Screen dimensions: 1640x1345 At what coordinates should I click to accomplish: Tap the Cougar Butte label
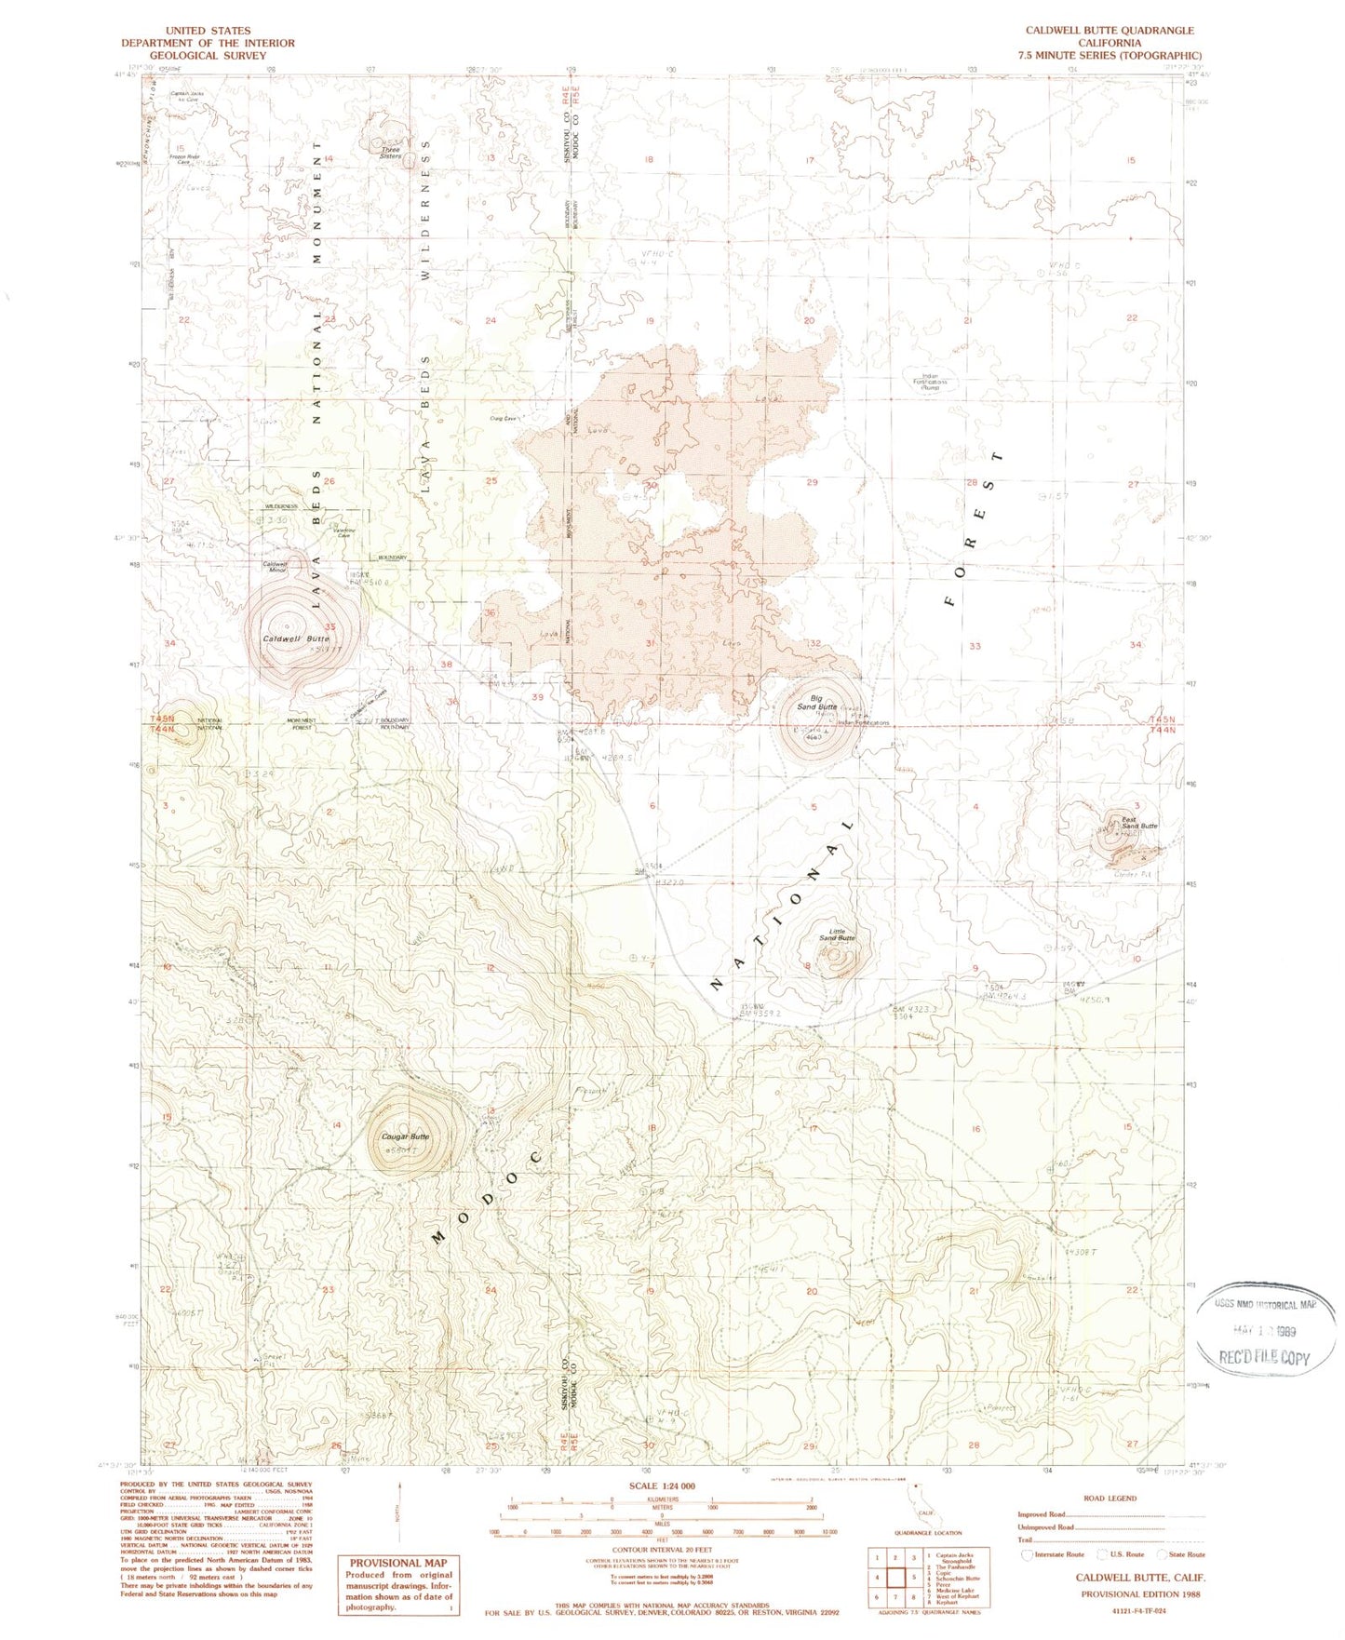tap(406, 1136)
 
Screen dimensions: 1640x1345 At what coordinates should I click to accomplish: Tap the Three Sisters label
tap(390, 153)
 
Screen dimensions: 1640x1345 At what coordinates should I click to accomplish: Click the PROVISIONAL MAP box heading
tap(397, 1563)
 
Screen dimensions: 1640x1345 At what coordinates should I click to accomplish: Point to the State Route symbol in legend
tap(1162, 1553)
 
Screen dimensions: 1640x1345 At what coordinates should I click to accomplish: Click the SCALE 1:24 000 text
tap(662, 1486)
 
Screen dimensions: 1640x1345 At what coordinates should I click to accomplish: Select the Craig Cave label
tap(503, 418)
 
